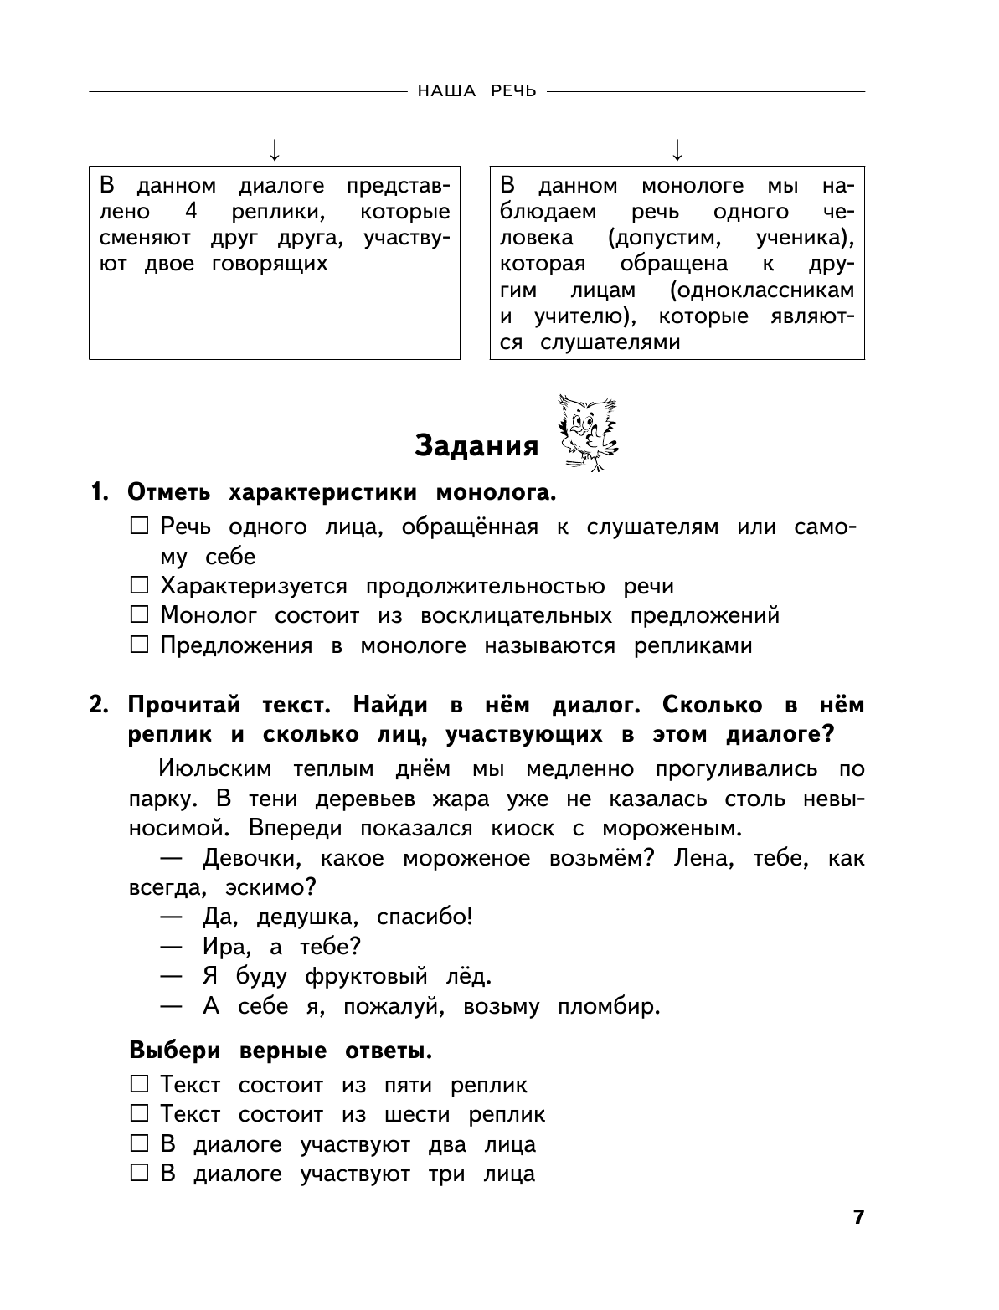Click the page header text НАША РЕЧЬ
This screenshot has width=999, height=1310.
[476, 91]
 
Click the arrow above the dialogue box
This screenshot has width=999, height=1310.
[274, 150]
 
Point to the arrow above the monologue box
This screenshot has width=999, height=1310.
[677, 150]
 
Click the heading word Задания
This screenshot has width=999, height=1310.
[477, 446]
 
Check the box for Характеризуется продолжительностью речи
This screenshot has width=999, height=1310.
[140, 586]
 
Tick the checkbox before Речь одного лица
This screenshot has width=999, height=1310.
[140, 527]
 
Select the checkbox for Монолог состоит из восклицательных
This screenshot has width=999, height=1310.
[140, 616]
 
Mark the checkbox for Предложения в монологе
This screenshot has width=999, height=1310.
[140, 646]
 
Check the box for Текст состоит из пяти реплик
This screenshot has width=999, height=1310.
[140, 1085]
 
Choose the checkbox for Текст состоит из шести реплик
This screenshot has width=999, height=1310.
[140, 1114]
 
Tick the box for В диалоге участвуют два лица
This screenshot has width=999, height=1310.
[140, 1144]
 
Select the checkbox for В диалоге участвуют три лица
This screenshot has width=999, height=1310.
[140, 1174]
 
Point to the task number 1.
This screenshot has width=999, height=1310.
[99, 493]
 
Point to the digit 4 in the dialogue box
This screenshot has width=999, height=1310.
[190, 212]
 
